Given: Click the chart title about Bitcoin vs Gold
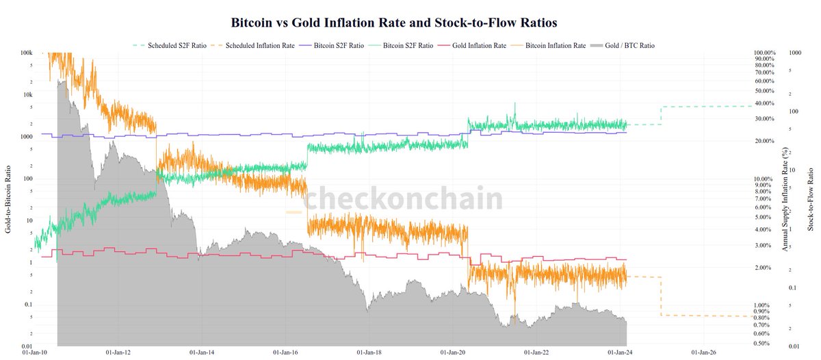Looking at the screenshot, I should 394,23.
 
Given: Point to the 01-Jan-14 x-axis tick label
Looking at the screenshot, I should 203,353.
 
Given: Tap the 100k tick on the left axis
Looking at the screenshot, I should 27,53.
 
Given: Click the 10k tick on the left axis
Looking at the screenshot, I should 27,94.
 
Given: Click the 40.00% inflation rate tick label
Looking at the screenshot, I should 760,103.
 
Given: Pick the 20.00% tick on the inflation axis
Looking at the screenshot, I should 760,141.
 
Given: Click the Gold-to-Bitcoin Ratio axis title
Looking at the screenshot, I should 8,199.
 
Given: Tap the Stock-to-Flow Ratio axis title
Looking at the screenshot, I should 811,199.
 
